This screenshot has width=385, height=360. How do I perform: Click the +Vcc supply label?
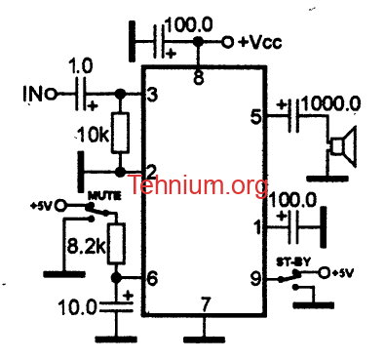coord(259,43)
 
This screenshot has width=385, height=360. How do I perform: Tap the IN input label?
coord(33,94)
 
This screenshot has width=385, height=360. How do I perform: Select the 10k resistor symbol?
coord(120,133)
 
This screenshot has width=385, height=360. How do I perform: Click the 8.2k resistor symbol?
coord(116,243)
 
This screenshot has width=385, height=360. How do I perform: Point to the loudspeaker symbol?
coord(342,146)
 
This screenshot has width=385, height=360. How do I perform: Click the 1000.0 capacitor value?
coord(331,104)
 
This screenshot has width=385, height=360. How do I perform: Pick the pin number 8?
coord(198,78)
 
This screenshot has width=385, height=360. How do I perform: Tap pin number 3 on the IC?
coord(152,95)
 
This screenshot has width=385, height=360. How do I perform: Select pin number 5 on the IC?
coord(256,117)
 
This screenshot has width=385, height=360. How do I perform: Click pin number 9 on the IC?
coord(256,279)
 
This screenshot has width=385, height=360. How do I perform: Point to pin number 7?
coord(205,304)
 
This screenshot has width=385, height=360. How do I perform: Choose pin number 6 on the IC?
coord(152,278)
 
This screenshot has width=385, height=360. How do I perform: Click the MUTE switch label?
coord(104,196)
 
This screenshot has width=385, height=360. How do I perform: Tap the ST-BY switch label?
coord(293,261)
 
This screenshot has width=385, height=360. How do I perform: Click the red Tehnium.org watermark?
coord(198,184)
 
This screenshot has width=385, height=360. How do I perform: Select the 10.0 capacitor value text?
coord(78,307)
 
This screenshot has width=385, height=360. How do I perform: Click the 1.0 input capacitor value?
coord(81,66)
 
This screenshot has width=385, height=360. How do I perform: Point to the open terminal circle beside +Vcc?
coord(228,42)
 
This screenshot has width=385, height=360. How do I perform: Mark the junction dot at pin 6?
coord(116,278)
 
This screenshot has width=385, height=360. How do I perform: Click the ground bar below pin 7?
coord(204,340)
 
